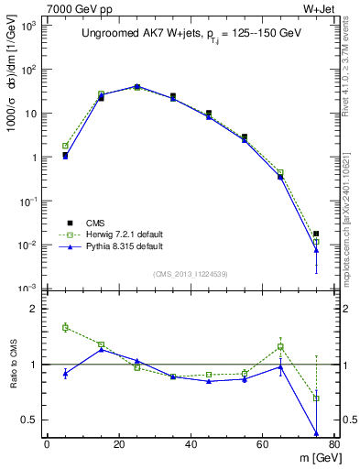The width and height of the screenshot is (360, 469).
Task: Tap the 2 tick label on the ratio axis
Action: coord(33,309)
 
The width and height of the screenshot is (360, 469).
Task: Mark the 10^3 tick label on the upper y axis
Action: coord(27,26)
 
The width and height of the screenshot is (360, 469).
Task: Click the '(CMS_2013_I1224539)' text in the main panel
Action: coord(191,273)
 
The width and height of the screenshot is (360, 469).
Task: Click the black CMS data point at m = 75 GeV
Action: coord(316,234)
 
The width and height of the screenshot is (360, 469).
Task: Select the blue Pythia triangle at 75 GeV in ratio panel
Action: coord(316,433)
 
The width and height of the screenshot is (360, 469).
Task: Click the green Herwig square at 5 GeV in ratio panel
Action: coord(65,327)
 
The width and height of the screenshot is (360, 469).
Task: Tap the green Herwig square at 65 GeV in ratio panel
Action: coord(280,346)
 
